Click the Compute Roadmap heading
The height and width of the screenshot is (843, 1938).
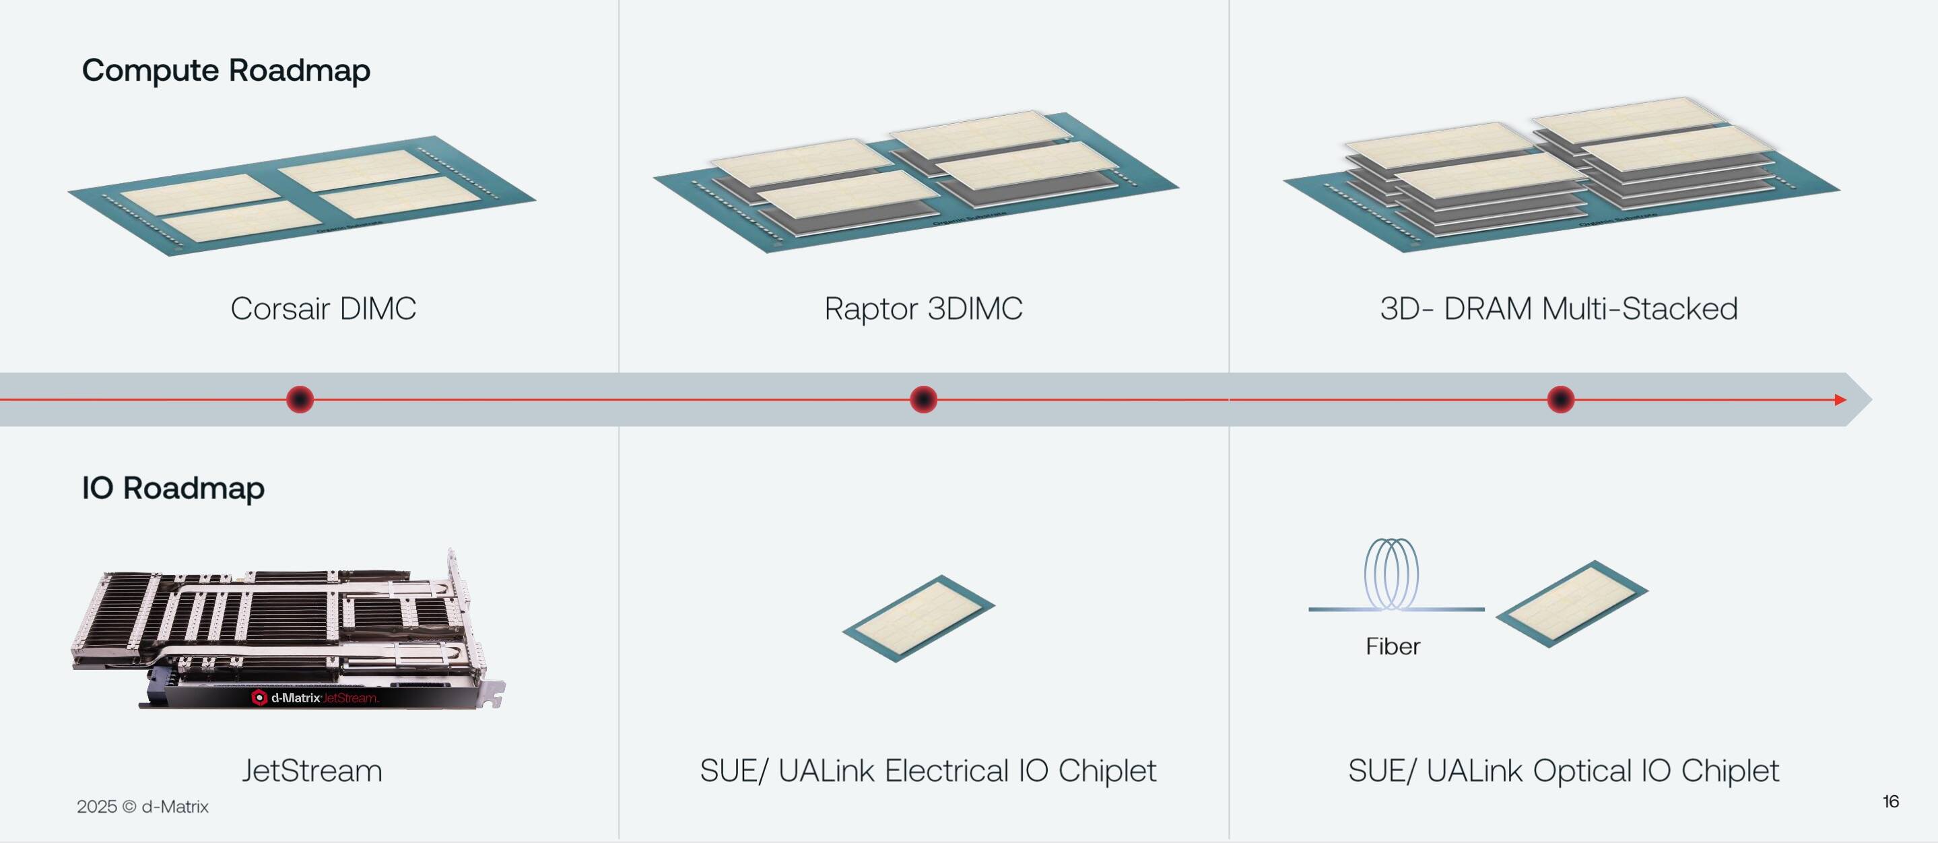pyautogui.click(x=226, y=71)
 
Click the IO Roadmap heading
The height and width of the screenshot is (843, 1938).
pyautogui.click(x=173, y=488)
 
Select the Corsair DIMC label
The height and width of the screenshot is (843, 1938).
pyautogui.click(x=323, y=308)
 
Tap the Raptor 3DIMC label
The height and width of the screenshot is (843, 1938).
pyautogui.click(x=923, y=308)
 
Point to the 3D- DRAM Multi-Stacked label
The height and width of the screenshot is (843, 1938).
pyautogui.click(x=1559, y=308)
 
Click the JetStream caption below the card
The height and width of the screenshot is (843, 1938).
pyautogui.click(x=312, y=771)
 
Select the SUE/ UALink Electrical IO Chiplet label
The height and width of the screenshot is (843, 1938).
pyautogui.click(x=928, y=771)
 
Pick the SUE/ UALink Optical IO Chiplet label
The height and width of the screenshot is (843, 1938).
pyautogui.click(x=1564, y=771)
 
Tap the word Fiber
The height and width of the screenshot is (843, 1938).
pyautogui.click(x=1393, y=646)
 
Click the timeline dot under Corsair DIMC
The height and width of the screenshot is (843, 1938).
pyautogui.click(x=300, y=399)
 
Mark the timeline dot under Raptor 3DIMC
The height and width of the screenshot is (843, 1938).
pyautogui.click(x=923, y=399)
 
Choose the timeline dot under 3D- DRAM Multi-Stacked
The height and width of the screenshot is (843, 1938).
pyautogui.click(x=1560, y=399)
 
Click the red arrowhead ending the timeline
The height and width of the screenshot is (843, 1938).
pyautogui.click(x=1841, y=399)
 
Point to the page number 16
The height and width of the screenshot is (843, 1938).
pyautogui.click(x=1891, y=802)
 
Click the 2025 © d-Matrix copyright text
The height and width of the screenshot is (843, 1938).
pyautogui.click(x=142, y=807)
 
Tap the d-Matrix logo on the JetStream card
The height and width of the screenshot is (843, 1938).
pyautogui.click(x=259, y=698)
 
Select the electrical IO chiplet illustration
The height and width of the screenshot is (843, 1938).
pyautogui.click(x=918, y=618)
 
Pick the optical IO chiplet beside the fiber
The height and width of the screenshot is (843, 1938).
pyautogui.click(x=1572, y=603)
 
